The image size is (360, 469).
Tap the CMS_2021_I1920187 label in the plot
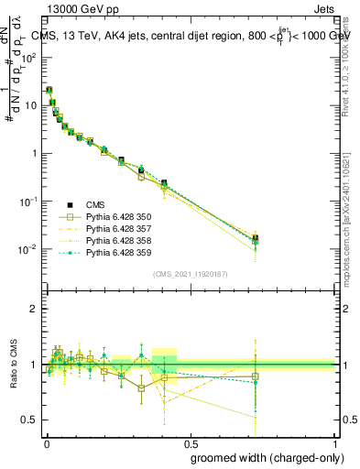click(191, 274)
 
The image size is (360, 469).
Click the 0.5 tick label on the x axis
click(191, 442)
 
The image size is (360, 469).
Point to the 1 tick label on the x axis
click(334, 442)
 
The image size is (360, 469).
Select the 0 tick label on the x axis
click(47, 442)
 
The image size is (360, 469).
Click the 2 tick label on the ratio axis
click(36, 309)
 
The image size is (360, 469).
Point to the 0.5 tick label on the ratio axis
click(31, 420)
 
